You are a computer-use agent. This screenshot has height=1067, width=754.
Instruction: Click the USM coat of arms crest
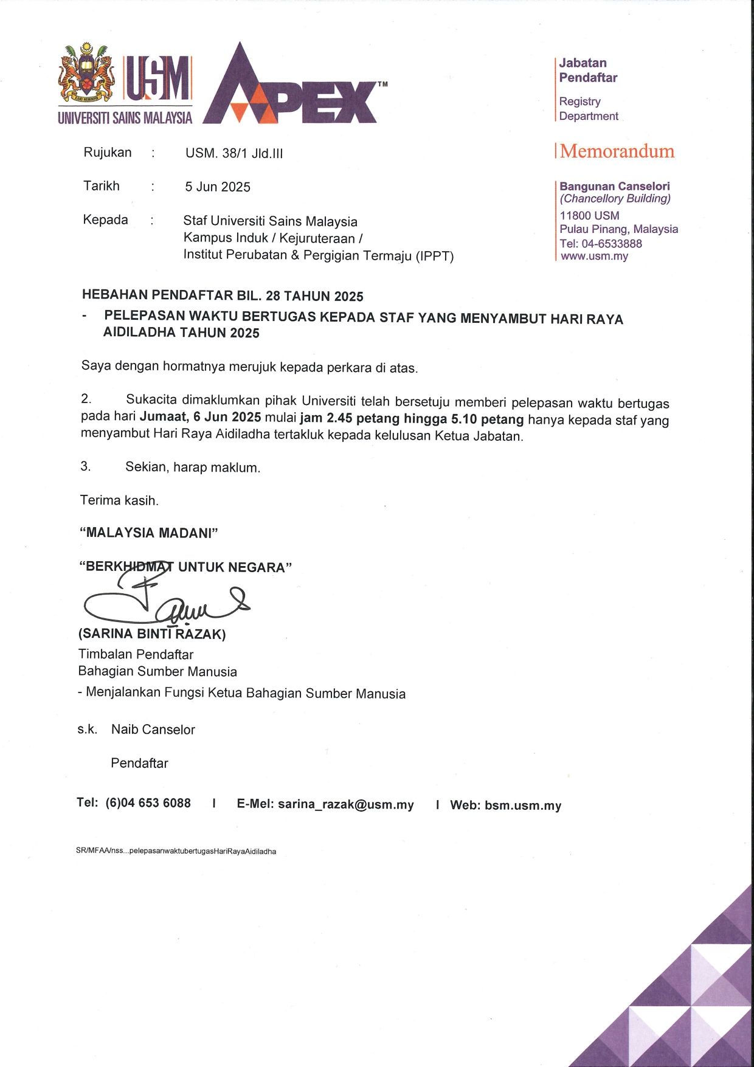tap(86, 73)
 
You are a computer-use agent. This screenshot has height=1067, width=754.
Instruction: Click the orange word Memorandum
tap(617, 151)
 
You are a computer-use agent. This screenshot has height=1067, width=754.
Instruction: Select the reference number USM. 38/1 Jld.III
tap(234, 153)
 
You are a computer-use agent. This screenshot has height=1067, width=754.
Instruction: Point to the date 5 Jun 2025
tap(218, 187)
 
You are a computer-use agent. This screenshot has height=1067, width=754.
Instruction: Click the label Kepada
tap(105, 219)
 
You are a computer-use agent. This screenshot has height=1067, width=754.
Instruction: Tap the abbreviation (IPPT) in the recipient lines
tap(434, 256)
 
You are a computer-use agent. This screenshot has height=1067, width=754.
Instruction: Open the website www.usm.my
tap(594, 256)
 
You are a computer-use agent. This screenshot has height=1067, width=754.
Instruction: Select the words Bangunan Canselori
tap(614, 186)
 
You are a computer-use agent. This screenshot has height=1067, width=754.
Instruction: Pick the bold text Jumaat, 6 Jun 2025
tap(201, 418)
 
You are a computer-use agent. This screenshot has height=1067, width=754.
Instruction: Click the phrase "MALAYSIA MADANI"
tap(149, 533)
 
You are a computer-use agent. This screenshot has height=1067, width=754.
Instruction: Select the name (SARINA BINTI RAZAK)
tap(152, 634)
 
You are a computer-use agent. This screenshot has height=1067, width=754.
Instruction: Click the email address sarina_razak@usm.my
tap(345, 804)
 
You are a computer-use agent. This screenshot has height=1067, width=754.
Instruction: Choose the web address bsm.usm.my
tap(522, 806)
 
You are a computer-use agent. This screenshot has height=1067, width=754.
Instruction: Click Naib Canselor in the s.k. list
tap(153, 730)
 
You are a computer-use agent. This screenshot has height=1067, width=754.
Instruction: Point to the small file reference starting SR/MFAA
tap(176, 851)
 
